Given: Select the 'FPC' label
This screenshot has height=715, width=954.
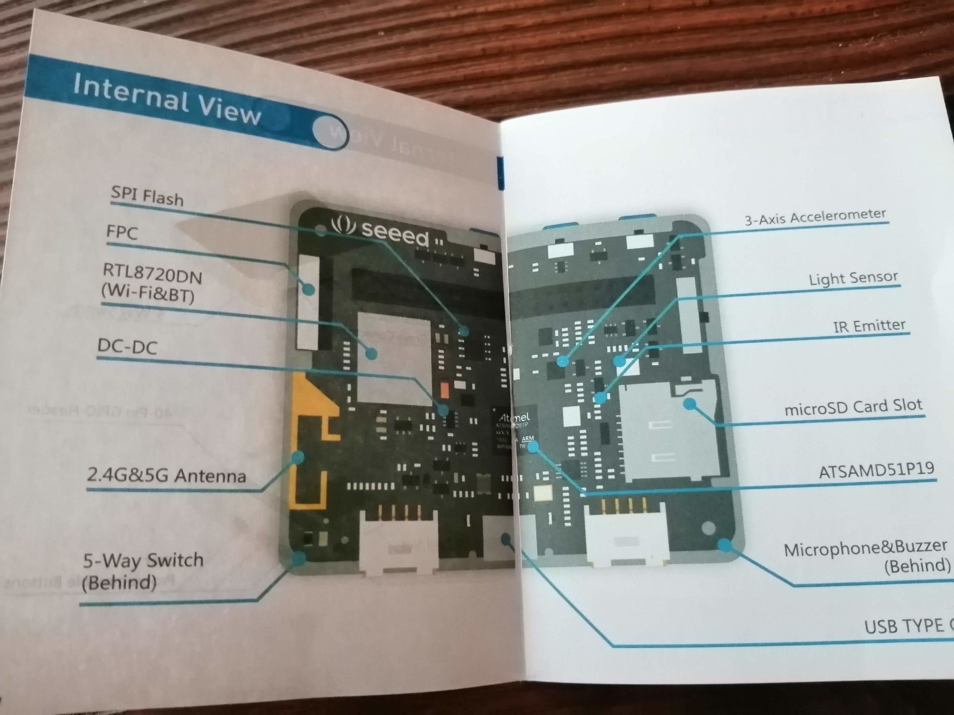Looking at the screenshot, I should (x=122, y=233).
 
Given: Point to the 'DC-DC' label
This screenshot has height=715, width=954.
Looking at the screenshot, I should (x=127, y=346).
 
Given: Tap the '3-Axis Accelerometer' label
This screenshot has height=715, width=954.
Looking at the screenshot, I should (x=815, y=217).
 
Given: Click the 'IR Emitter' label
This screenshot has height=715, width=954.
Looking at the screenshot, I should (x=869, y=326).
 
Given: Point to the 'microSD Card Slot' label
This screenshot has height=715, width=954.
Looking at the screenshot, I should (x=853, y=406).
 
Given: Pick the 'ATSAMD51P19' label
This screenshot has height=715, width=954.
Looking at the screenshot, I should (x=876, y=471).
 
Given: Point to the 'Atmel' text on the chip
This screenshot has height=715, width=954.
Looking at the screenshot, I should (x=514, y=417).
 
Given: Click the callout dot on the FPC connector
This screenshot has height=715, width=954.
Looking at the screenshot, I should (x=308, y=289).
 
